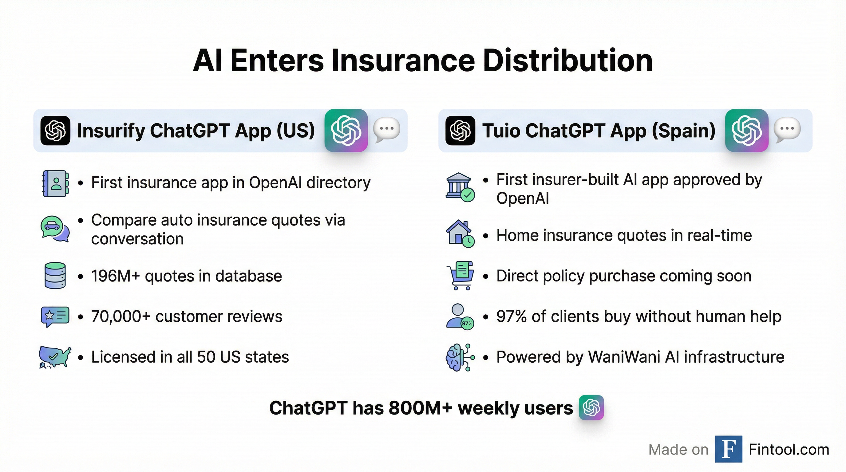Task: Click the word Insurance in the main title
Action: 403,61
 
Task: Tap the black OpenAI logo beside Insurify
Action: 55,130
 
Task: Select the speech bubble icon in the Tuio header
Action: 787,130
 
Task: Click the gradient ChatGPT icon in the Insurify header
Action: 346,130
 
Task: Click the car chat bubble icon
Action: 55,229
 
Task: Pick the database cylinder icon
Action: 55,275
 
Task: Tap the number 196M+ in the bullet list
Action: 115,276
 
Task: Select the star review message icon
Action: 55,316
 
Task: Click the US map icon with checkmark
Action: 54,357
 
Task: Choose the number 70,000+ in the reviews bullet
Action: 121,317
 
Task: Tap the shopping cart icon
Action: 460,276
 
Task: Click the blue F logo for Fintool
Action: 729,449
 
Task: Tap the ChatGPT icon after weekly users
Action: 591,407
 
